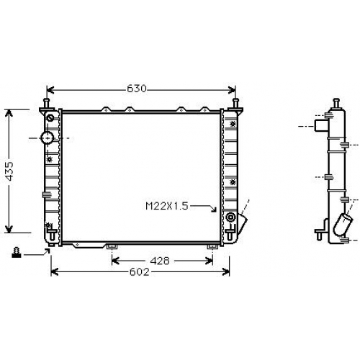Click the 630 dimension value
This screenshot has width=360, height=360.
click(x=137, y=89)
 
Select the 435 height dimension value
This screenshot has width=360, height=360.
click(x=10, y=171)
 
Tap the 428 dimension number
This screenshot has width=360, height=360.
click(x=160, y=261)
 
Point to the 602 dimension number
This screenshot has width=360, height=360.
click(x=140, y=272)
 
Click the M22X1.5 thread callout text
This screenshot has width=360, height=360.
click(x=167, y=206)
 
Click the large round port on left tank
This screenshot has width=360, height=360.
click(x=48, y=138)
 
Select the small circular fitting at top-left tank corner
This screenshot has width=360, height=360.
click(x=50, y=118)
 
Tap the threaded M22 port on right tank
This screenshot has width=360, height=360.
click(x=230, y=217)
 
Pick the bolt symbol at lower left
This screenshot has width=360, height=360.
click(x=17, y=253)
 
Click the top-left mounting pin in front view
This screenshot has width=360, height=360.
click(x=46, y=104)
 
